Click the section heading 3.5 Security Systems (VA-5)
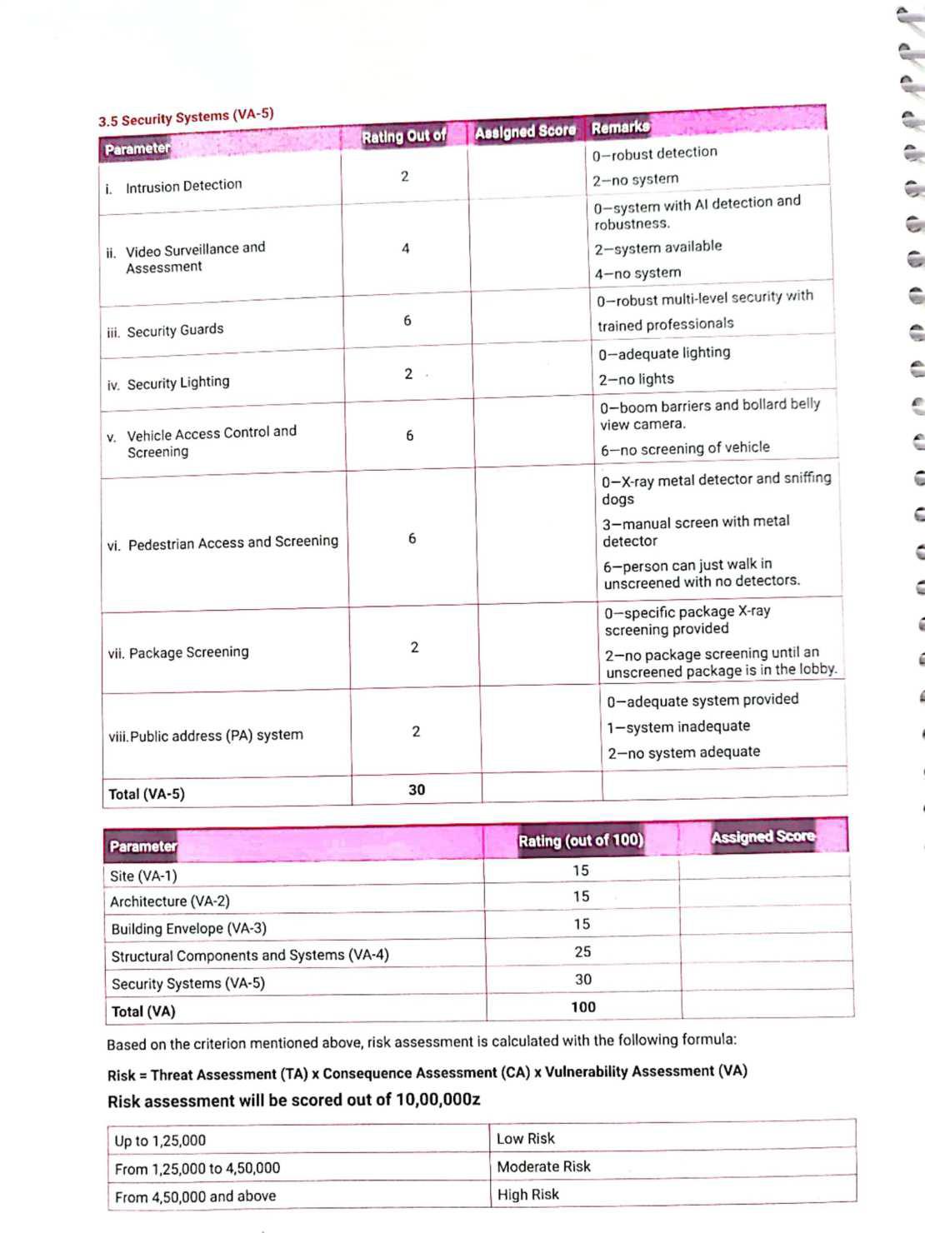tap(186, 117)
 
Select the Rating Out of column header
tap(403, 136)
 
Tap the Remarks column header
tap(620, 127)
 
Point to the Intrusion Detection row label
tap(183, 186)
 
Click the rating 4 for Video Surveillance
tap(406, 248)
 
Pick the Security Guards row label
tap(175, 330)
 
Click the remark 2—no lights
tap(636, 379)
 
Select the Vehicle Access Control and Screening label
tap(212, 442)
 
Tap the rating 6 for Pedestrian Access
tap(412, 539)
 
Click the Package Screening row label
tap(188, 652)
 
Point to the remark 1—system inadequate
tap(678, 726)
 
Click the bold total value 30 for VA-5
tap(417, 790)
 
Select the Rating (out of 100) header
tap(581, 841)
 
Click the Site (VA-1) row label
tap(143, 876)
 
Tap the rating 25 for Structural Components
tap(582, 951)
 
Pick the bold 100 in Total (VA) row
tap(583, 1007)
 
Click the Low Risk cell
tap(526, 1139)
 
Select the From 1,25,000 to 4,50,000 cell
tap(197, 1169)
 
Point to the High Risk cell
tap(528, 1195)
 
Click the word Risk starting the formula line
tap(121, 1076)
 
